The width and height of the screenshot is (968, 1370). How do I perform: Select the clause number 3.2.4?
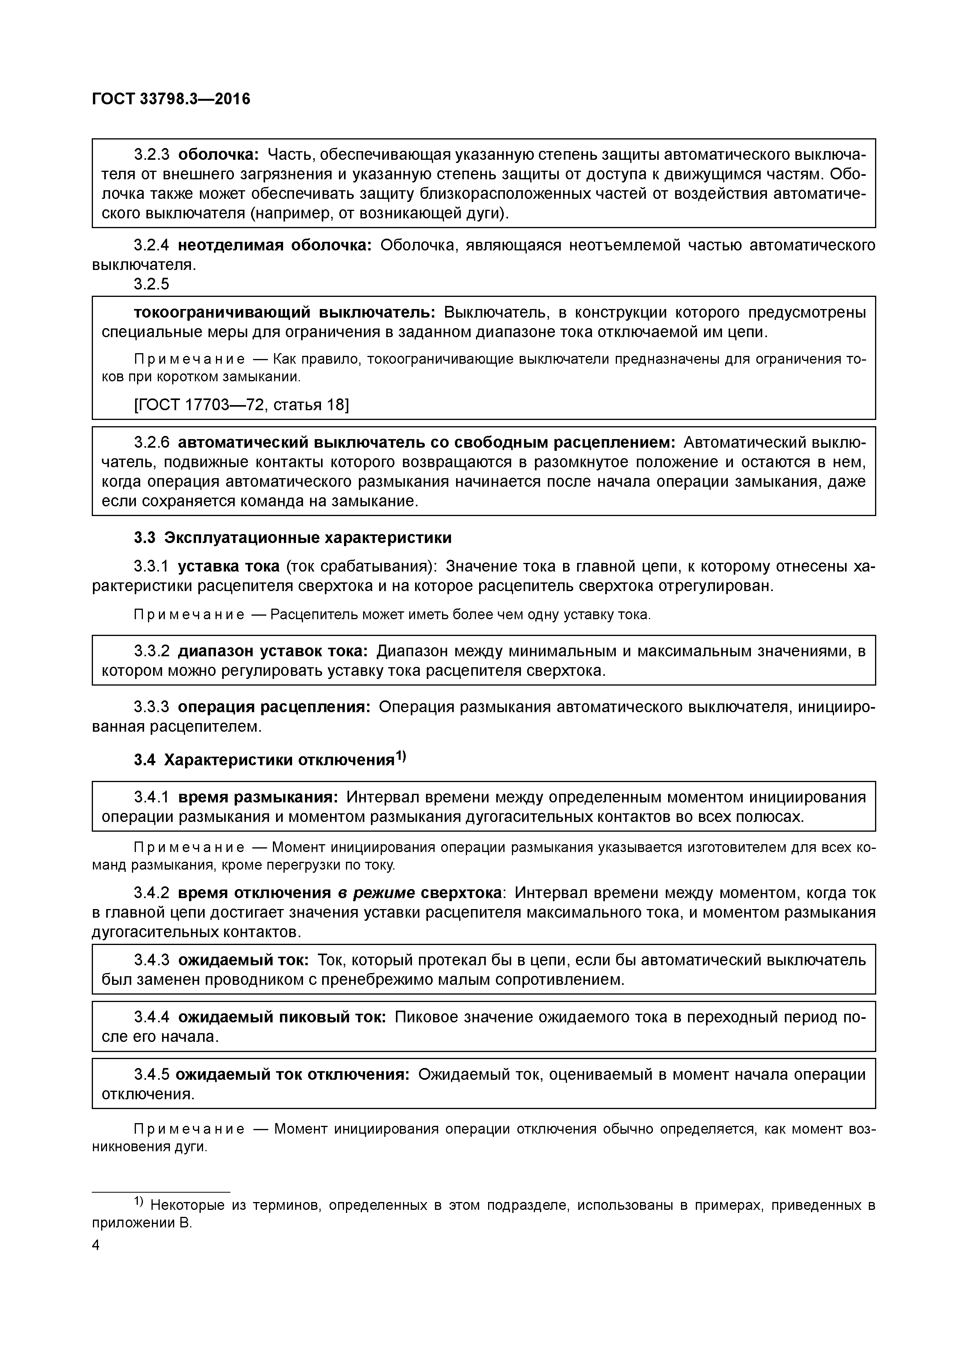(152, 245)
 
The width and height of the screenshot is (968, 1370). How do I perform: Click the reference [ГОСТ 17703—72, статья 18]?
(241, 405)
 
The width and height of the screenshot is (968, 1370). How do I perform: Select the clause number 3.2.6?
(152, 443)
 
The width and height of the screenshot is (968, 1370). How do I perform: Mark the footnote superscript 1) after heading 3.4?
(401, 756)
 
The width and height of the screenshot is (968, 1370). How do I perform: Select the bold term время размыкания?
(258, 797)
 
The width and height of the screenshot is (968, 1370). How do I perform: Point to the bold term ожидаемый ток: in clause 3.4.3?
(243, 960)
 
